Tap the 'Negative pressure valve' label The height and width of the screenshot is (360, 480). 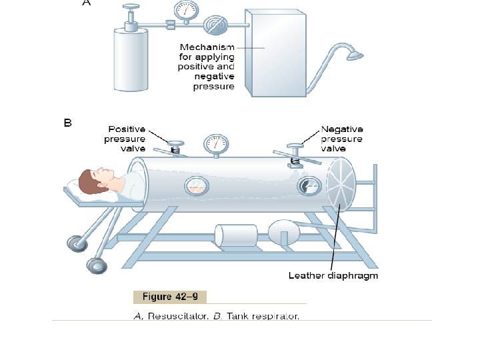pyautogui.click(x=342, y=139)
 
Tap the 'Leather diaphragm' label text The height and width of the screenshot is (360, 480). pyautogui.click(x=333, y=275)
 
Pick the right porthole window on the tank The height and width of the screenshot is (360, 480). pyautogui.click(x=307, y=187)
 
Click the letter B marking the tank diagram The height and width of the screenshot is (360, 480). pyautogui.click(x=67, y=123)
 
